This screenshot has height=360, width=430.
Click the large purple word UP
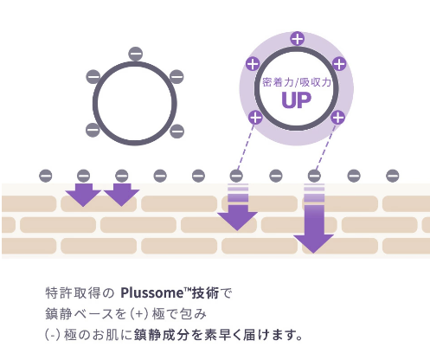click(297, 100)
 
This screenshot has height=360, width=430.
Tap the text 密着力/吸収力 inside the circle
click(297, 82)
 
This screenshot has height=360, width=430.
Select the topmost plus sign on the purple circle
click(298, 39)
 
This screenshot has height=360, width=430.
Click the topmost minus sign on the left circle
click(136, 54)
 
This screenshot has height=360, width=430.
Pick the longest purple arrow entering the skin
click(314, 218)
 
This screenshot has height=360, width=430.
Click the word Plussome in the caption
click(151, 293)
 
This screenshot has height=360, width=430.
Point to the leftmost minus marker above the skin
click(46, 176)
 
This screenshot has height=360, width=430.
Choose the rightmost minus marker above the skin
click(393, 176)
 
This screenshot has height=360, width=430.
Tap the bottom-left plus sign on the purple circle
click(255, 118)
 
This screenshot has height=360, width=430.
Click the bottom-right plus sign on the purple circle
click(337, 118)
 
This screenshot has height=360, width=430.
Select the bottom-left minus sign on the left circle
click(93, 130)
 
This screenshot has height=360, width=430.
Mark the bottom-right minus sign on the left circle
click(176, 132)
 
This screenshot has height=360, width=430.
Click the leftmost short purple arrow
click(83, 195)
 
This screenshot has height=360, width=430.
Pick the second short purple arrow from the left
click(121, 195)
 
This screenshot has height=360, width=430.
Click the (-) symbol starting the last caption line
click(53, 335)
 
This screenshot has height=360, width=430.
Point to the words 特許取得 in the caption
click(73, 293)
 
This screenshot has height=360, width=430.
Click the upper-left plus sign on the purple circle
click(253, 64)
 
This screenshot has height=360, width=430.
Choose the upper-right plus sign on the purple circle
click(339, 64)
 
